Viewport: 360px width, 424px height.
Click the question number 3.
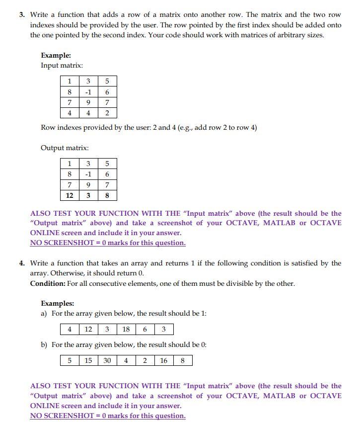click(22, 15)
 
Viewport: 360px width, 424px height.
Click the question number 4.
click(22, 263)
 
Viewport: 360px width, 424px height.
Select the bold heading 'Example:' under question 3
click(56, 56)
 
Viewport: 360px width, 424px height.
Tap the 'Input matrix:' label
click(62, 66)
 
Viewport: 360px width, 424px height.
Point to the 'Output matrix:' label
click(65, 148)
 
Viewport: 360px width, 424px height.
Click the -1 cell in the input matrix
click(88, 92)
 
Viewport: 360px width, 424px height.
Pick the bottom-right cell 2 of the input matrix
click(107, 113)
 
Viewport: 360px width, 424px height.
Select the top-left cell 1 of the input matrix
click(70, 81)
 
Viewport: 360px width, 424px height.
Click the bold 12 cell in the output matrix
click(70, 195)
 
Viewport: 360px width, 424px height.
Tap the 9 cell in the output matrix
click(88, 185)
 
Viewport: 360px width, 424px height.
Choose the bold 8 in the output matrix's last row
click(107, 195)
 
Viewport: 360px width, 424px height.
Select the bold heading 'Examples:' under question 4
click(57, 303)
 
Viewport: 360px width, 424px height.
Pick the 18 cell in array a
click(126, 330)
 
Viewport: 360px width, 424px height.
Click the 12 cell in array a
click(88, 330)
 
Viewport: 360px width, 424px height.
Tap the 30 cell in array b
click(107, 360)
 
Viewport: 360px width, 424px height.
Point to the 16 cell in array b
click(163, 360)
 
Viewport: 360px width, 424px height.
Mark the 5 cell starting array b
click(70, 360)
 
